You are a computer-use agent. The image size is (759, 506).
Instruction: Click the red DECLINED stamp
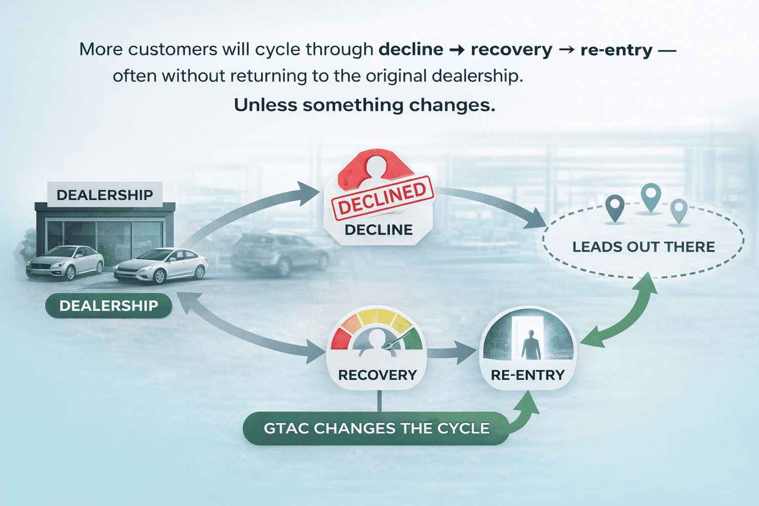(x=382, y=200)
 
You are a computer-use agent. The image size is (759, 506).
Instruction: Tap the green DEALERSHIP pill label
(x=109, y=306)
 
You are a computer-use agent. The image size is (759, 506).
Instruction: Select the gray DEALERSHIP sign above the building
(x=105, y=195)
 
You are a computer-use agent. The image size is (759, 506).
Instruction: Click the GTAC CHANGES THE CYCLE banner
(x=377, y=428)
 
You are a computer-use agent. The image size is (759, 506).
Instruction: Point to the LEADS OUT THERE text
(x=643, y=247)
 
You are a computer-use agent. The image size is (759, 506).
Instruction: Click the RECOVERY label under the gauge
(x=378, y=375)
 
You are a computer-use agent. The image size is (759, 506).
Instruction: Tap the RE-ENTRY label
(x=527, y=375)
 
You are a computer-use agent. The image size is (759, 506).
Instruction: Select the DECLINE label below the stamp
(x=379, y=230)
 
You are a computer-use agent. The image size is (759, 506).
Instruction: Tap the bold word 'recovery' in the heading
(x=511, y=49)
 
